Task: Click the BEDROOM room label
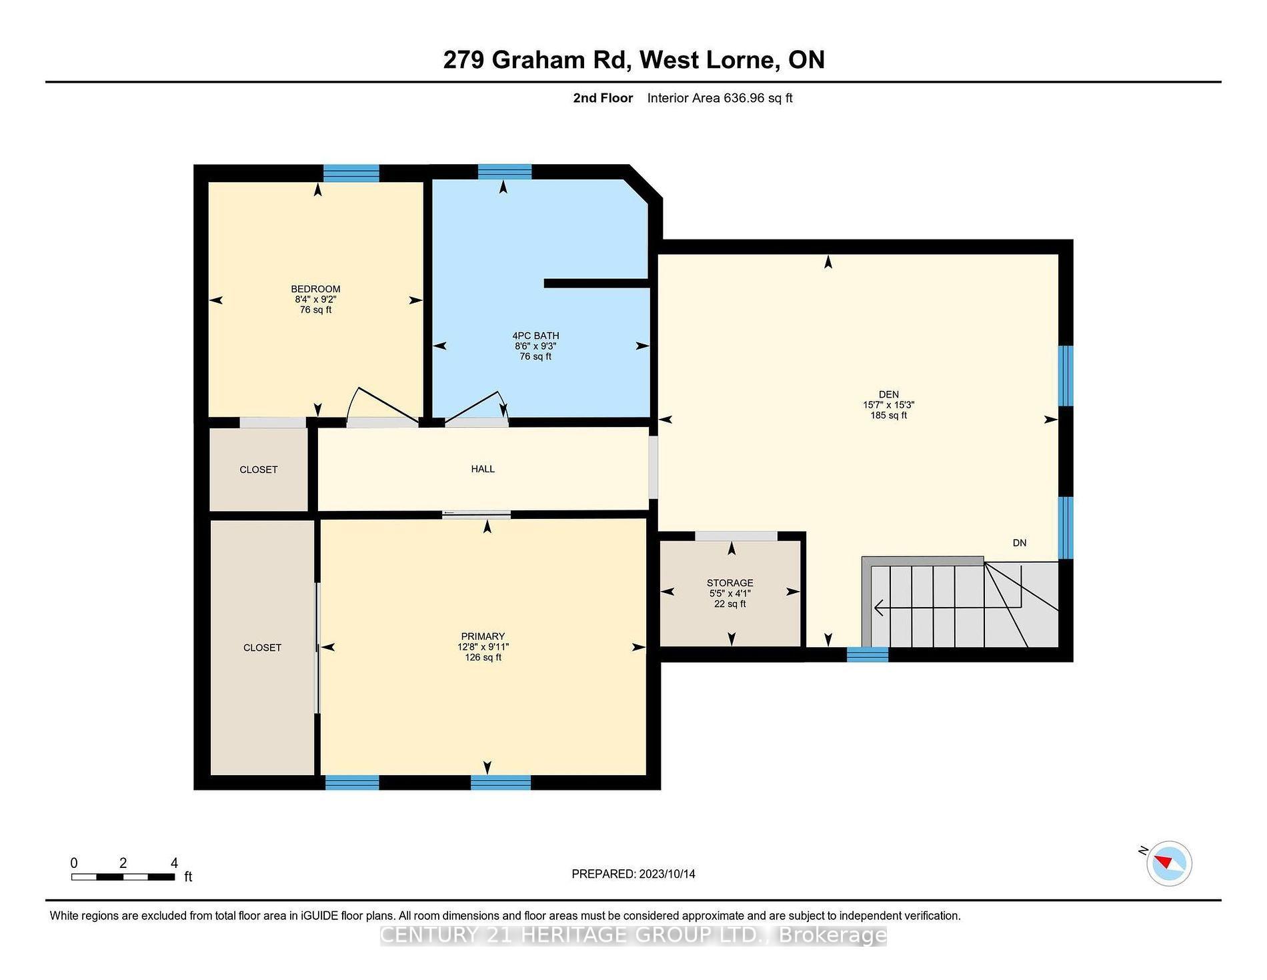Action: point(315,289)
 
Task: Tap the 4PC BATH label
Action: point(535,336)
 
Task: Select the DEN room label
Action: point(889,394)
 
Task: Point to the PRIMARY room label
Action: point(483,636)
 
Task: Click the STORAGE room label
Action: point(730,583)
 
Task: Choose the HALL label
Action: point(483,469)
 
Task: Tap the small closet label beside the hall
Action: point(259,470)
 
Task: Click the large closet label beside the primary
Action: point(262,648)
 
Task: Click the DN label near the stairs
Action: point(1020,543)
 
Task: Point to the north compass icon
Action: point(1169,863)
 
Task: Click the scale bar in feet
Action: point(123,877)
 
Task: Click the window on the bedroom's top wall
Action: point(351,173)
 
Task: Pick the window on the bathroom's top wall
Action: point(505,172)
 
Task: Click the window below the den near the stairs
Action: point(868,654)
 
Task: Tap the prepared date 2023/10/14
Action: point(667,874)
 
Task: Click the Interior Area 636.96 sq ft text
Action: point(720,98)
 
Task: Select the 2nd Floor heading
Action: point(603,98)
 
